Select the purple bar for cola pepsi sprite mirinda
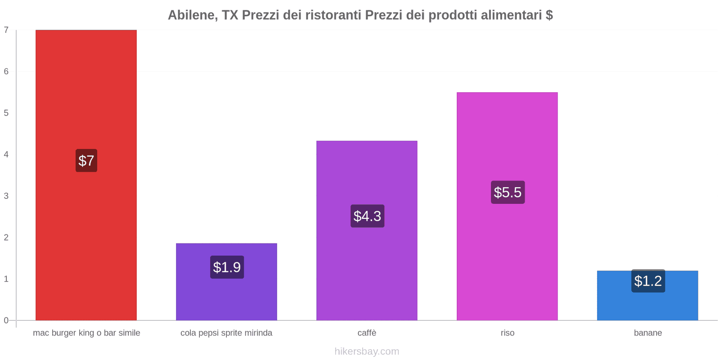click(226, 297)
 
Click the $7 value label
click(86, 161)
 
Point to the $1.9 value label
click(227, 267)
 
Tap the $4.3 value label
click(367, 216)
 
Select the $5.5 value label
click(508, 192)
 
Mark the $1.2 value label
click(648, 281)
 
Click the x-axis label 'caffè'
click(367, 333)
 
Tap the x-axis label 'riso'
click(507, 333)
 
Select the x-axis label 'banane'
click(648, 333)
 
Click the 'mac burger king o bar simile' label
click(86, 333)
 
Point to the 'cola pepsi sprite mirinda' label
click(226, 333)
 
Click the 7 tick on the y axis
click(6, 30)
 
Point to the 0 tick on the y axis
click(6, 320)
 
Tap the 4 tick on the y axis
click(6, 154)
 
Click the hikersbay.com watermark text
click(367, 351)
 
